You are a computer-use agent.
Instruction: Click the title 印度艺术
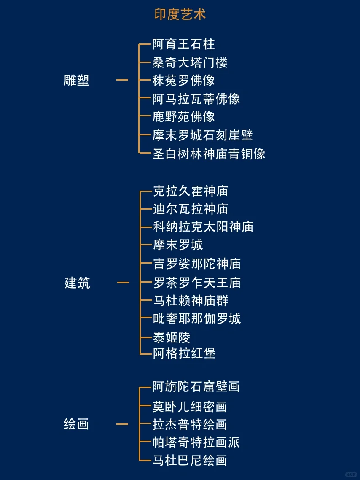point(180,15)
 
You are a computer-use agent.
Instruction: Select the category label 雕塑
point(76,80)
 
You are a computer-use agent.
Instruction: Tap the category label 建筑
point(77,283)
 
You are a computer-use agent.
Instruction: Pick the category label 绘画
point(76,424)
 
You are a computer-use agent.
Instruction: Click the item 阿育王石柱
point(183,44)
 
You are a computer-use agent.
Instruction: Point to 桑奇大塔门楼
point(190,63)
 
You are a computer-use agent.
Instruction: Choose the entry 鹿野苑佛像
point(183,116)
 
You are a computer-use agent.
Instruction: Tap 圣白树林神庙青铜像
point(209,154)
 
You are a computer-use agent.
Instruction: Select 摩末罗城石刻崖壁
point(202,135)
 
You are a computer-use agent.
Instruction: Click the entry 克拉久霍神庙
point(191,191)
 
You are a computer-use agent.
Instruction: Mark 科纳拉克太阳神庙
point(203,227)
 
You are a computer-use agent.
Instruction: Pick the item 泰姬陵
point(172,337)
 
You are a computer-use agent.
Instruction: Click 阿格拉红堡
point(184,353)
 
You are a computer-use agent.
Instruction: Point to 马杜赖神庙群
point(191,301)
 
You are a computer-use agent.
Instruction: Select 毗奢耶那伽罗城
point(197,318)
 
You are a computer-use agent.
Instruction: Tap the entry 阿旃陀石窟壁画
point(196,386)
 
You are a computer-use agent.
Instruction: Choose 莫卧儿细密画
point(190,407)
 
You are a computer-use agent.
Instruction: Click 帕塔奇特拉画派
point(196,442)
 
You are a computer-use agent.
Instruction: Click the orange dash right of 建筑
point(123,283)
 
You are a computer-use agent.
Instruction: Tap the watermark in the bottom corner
point(350,474)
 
